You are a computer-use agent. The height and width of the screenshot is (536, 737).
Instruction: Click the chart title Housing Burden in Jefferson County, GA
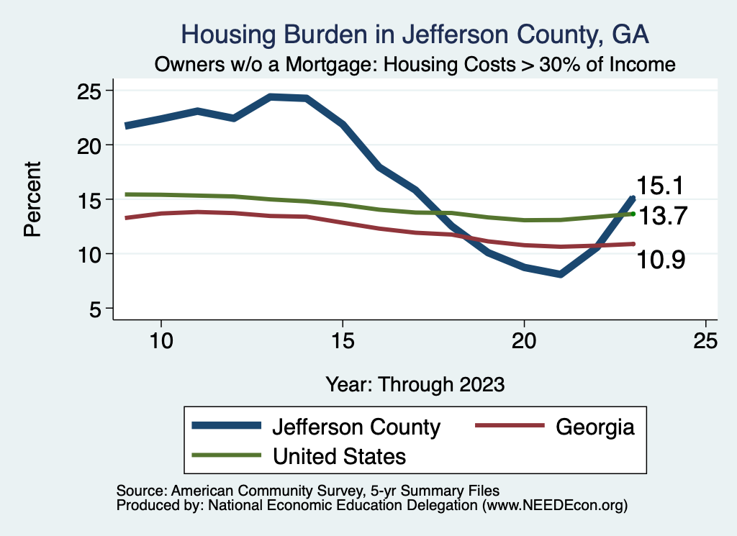point(415,34)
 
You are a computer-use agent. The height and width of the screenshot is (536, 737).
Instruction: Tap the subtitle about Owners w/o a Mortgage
point(415,65)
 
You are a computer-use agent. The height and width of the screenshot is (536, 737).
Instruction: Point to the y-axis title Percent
point(32,199)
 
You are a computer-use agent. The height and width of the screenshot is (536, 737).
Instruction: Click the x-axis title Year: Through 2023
point(415,383)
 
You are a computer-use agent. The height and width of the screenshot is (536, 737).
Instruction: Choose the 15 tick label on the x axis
point(343,340)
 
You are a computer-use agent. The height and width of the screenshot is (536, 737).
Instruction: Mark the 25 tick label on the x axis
point(705,340)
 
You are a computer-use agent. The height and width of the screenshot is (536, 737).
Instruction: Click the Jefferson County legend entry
point(356,427)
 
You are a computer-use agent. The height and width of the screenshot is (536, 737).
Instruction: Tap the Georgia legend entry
point(594,427)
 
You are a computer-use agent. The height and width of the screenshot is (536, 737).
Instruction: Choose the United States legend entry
point(338,455)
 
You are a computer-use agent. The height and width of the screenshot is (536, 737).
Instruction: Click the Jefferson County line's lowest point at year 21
point(560,274)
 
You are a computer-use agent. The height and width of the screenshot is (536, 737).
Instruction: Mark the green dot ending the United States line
point(633,214)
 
